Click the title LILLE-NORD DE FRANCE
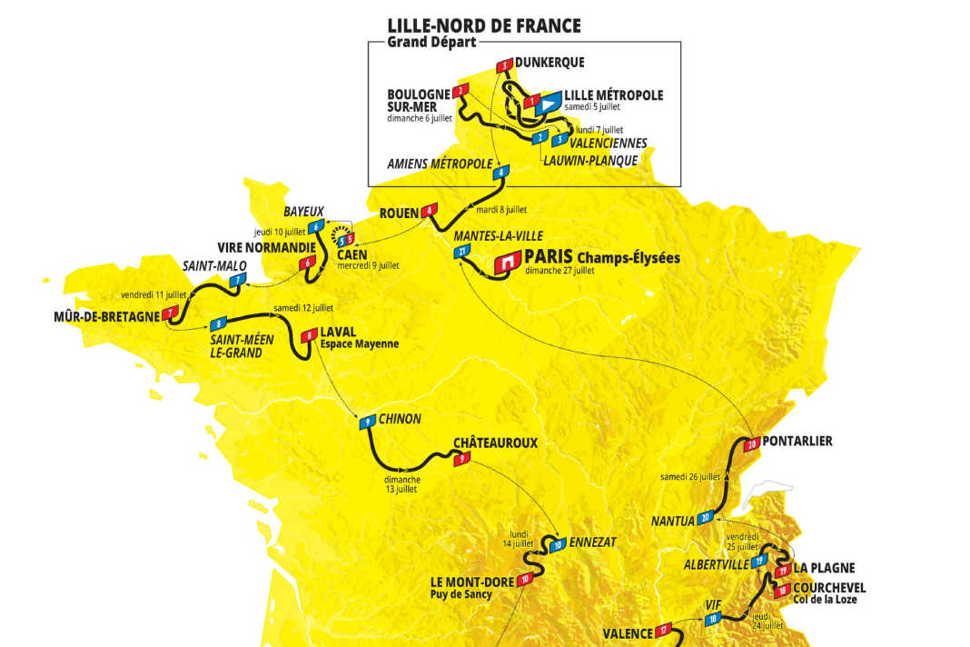pyautogui.click(x=483, y=25)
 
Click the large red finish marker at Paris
pyautogui.click(x=505, y=263)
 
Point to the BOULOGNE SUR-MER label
pyautogui.click(x=419, y=99)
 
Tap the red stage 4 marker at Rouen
pyautogui.click(x=429, y=213)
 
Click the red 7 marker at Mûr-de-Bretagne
pyautogui.click(x=171, y=314)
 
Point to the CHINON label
pyautogui.click(x=401, y=419)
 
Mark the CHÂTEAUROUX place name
pyautogui.click(x=496, y=443)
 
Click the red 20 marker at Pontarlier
pyautogui.click(x=751, y=444)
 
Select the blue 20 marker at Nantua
pyautogui.click(x=707, y=519)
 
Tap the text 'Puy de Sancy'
pyautogui.click(x=460, y=594)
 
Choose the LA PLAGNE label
pyautogui.click(x=826, y=568)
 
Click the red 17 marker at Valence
pyautogui.click(x=666, y=629)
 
